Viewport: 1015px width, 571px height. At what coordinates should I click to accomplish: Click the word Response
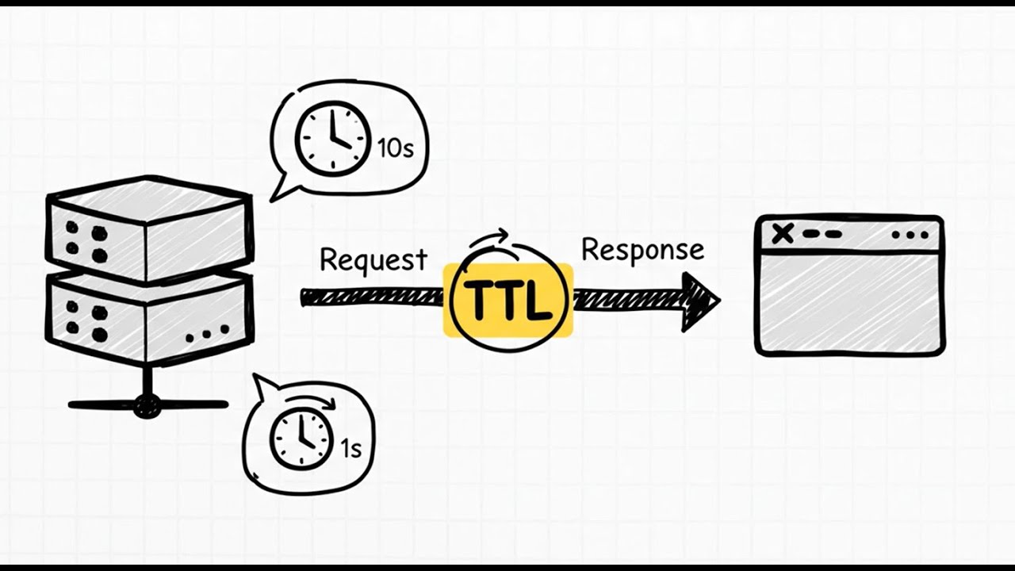click(642, 250)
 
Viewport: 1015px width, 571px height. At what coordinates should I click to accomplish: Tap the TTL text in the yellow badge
click(508, 300)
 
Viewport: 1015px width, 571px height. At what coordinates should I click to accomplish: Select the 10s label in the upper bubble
click(396, 148)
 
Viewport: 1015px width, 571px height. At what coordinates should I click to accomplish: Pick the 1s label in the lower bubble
click(351, 449)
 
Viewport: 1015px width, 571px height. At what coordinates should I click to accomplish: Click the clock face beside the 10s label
click(331, 138)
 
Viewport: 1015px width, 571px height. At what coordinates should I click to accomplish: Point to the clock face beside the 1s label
click(300, 439)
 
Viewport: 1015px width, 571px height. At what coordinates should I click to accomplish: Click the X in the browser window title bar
click(783, 234)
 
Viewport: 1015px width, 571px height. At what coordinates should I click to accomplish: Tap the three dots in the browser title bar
click(910, 235)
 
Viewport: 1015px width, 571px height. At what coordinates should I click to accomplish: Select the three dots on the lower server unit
click(208, 334)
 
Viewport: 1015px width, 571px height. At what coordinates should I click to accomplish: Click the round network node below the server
click(147, 405)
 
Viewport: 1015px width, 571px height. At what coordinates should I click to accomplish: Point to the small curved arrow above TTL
click(489, 237)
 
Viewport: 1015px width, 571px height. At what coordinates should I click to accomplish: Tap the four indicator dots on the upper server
click(86, 242)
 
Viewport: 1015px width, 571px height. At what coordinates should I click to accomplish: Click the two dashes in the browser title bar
click(822, 234)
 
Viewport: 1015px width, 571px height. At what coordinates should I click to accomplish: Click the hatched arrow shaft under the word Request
click(373, 298)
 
